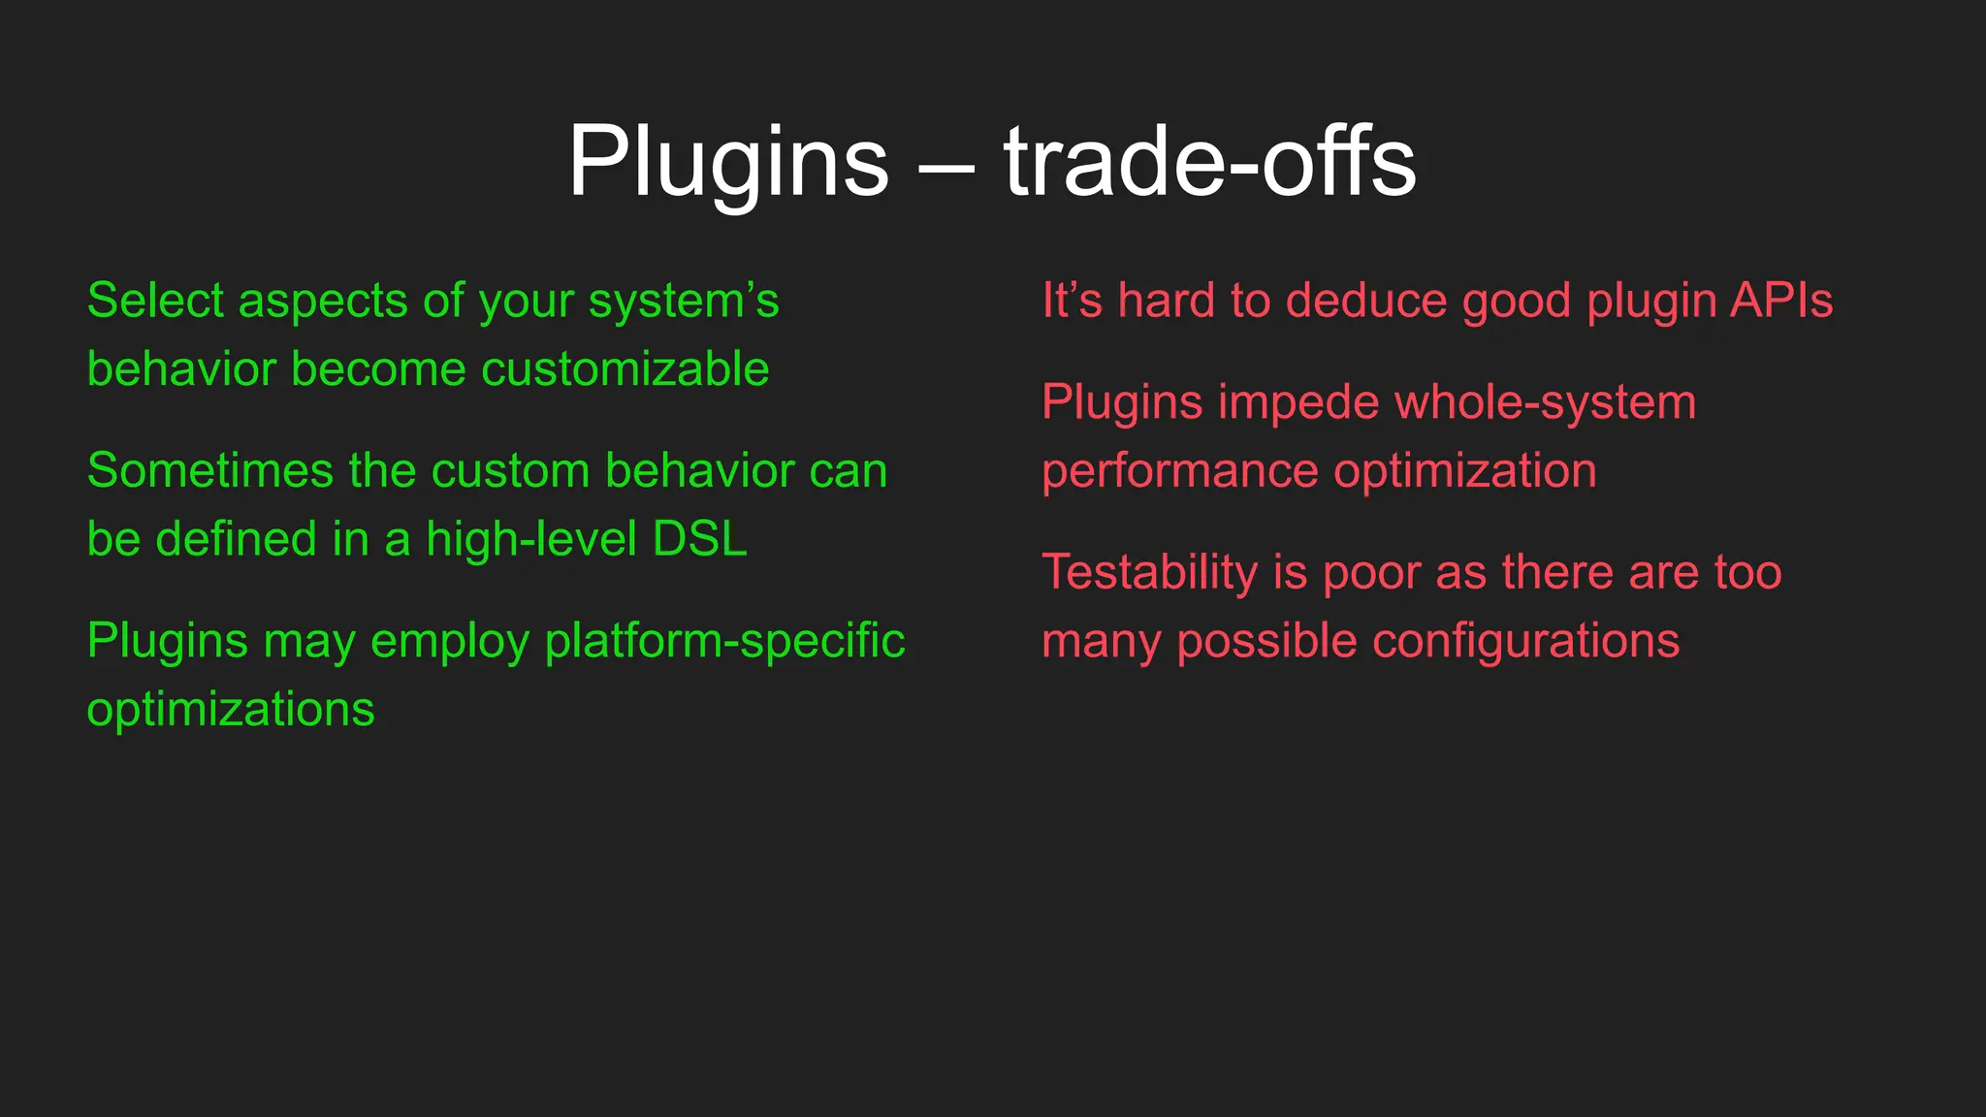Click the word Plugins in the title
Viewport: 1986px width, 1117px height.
pos(728,163)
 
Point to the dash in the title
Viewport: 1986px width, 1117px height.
pos(945,167)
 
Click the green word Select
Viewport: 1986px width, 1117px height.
pos(155,301)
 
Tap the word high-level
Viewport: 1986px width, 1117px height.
pos(531,540)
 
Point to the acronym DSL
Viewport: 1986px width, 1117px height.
pos(699,539)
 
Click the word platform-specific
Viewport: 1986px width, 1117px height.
pos(724,642)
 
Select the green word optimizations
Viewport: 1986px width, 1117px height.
pos(231,711)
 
